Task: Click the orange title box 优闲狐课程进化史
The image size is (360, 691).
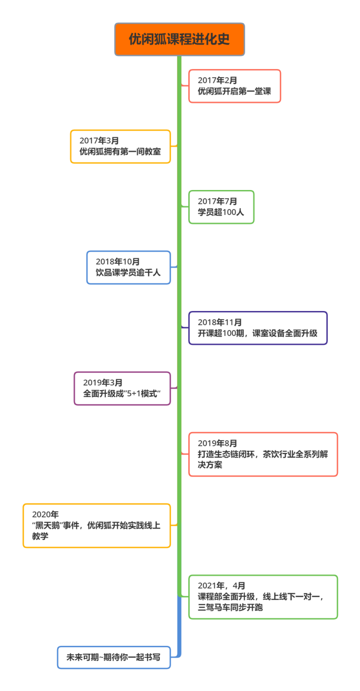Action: coord(179,40)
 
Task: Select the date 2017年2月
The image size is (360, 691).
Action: coord(217,81)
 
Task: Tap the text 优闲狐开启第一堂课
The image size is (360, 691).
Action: coord(234,91)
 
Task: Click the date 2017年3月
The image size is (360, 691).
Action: coord(99,141)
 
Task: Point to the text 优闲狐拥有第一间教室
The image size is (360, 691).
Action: coord(120,151)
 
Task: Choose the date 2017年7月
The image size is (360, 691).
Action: coord(217,201)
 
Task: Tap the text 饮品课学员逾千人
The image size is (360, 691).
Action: coord(128,273)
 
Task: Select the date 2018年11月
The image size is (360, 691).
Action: coord(220,322)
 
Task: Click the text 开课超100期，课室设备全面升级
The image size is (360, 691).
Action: coord(257,333)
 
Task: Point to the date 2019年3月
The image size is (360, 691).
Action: coord(103,382)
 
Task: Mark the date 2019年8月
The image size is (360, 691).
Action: coord(217,443)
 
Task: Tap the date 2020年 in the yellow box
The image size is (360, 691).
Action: coord(45,514)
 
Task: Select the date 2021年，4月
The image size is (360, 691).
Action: coord(221,586)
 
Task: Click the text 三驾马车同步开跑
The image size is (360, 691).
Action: coord(230,608)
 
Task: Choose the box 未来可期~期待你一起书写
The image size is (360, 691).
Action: coord(113,657)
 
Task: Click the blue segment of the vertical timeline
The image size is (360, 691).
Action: coord(179,626)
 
